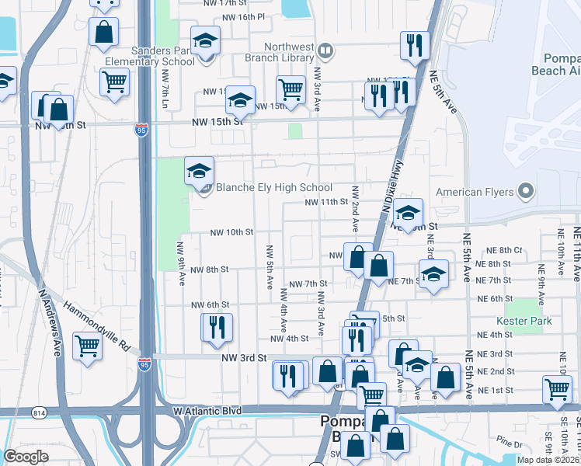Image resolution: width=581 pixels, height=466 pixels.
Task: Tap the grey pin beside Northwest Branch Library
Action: pyautogui.click(x=326, y=51)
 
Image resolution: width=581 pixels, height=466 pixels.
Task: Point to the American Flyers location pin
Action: pyautogui.click(x=527, y=191)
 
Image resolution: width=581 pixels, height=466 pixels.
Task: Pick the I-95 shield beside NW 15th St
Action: pyautogui.click(x=141, y=130)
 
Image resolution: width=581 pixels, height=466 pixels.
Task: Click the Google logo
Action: pyautogui.click(x=26, y=457)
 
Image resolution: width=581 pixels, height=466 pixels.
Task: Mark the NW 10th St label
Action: pyautogui.click(x=232, y=232)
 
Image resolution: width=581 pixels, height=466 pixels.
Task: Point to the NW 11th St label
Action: pyautogui.click(x=325, y=202)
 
